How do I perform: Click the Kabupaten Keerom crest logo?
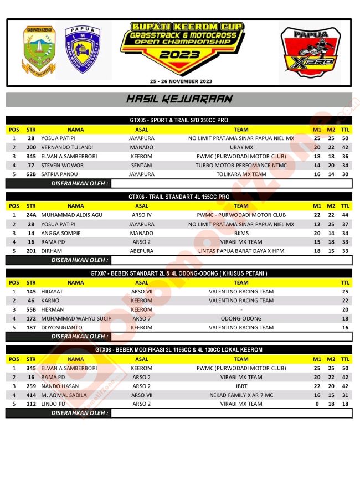pos(39,50)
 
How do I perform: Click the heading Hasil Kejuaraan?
pos(179,100)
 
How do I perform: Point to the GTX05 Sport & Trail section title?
pos(179,120)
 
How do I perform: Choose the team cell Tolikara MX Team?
pos(241,174)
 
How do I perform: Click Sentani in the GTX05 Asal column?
pos(142,165)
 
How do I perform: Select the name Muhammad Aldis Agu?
pos(71,215)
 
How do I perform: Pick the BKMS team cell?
pos(241,233)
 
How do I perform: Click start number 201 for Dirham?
pos(31,251)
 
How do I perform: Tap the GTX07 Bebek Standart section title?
pos(179,273)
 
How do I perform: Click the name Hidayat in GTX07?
pos(52,291)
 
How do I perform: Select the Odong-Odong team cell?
pos(241,318)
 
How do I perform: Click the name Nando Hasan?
pos(60,386)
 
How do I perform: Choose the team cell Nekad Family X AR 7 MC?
pos(241,395)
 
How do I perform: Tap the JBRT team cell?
pos(241,386)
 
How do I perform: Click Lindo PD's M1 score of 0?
pos(317,404)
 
